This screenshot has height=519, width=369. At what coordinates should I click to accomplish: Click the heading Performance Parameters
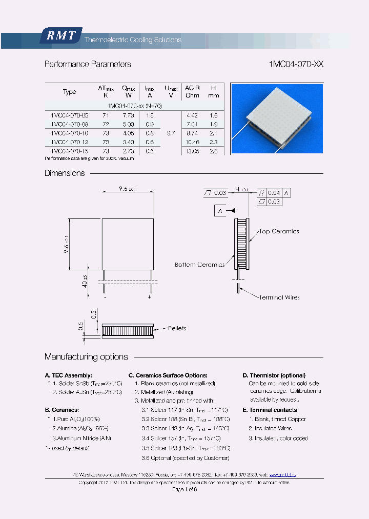tap(88, 64)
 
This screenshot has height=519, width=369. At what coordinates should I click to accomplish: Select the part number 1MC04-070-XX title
tap(296, 64)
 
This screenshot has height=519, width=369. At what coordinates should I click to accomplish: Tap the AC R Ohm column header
tap(192, 92)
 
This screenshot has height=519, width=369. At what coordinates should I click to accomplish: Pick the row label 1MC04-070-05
tap(69, 115)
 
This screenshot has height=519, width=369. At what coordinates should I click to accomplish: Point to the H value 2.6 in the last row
tap(214, 151)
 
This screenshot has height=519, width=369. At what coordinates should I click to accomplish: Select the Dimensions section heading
tap(65, 173)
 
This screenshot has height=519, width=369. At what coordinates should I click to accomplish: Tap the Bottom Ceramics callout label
tap(199, 265)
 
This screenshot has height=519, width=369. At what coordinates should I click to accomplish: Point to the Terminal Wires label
tap(279, 297)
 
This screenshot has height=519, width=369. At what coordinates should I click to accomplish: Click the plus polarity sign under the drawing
tap(150, 297)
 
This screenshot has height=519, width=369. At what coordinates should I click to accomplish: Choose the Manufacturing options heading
tap(86, 357)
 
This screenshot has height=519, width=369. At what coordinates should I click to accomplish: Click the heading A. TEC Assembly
tap(69, 375)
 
